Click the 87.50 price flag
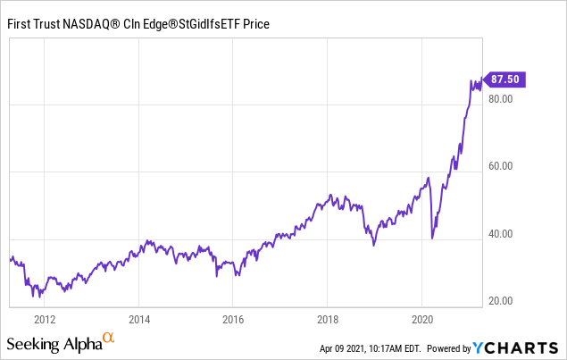click(x=504, y=80)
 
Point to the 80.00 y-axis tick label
click(x=500, y=99)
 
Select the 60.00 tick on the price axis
click(x=500, y=166)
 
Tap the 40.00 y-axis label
click(x=500, y=234)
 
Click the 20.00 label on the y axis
click(x=500, y=301)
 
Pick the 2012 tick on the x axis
click(x=45, y=320)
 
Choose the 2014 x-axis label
click(x=139, y=320)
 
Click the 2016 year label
click(x=233, y=320)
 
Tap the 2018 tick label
click(x=328, y=320)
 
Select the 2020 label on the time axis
click(x=422, y=320)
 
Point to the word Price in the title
click(x=256, y=24)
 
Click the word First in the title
click(x=18, y=24)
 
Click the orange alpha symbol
click(x=108, y=338)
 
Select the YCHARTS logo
click(x=515, y=347)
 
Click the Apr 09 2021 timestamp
click(x=371, y=348)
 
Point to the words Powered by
click(x=449, y=348)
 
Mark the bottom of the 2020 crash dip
click(x=432, y=239)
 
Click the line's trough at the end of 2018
click(x=374, y=246)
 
